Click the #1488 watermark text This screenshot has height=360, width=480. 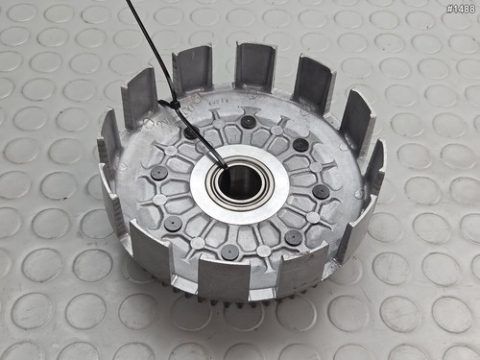(x=461, y=9)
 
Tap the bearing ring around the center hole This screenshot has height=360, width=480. (x=239, y=183)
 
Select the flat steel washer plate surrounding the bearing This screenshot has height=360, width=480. (x=240, y=184)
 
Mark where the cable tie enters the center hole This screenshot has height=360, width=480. (x=225, y=167)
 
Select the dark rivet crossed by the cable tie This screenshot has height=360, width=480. (x=191, y=133)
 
